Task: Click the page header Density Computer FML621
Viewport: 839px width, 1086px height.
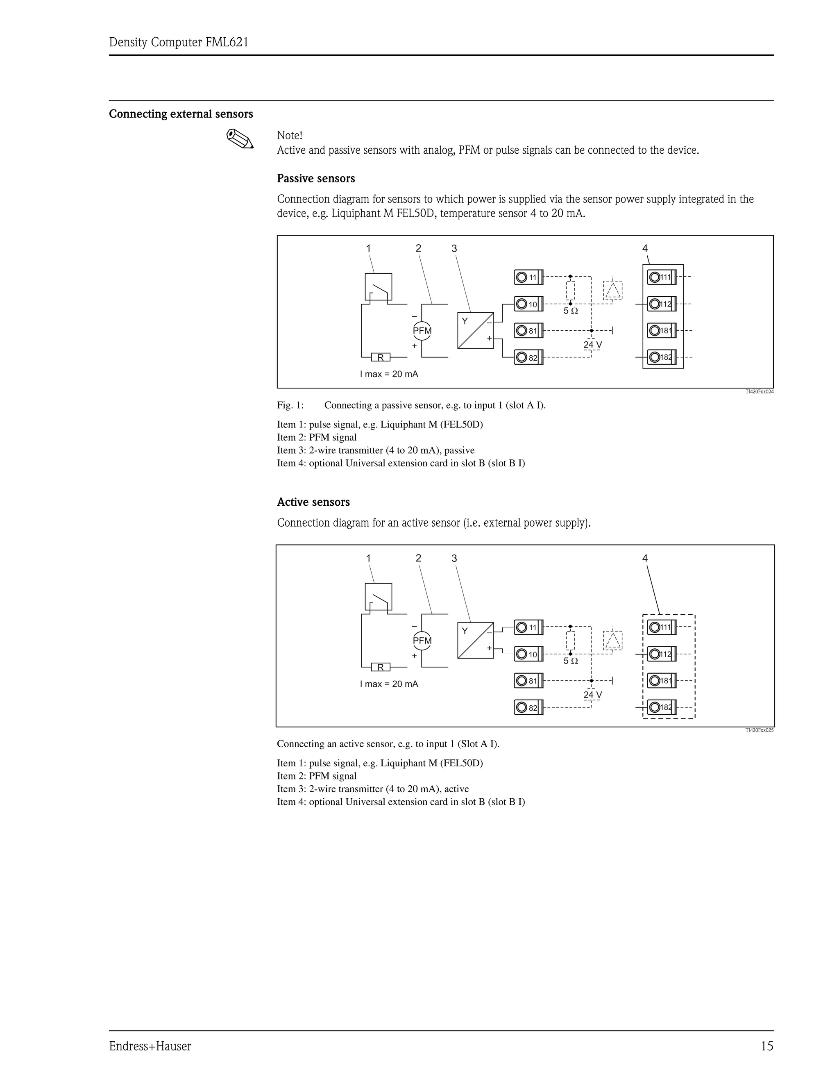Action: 179,42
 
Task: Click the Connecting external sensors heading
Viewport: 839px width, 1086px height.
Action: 181,114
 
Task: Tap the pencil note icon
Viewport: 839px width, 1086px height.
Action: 240,139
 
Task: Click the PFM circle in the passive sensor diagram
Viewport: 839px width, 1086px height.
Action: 422,331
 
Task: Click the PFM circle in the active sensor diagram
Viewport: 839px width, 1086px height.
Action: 422,641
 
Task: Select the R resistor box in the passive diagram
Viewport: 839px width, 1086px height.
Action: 381,357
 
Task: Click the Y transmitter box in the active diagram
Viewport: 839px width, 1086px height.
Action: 475,640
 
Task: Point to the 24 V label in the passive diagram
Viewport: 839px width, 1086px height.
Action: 592,345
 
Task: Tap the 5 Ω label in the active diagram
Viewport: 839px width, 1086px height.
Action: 571,661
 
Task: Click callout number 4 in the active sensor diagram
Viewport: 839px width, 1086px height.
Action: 645,558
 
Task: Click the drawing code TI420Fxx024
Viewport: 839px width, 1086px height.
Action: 759,392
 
